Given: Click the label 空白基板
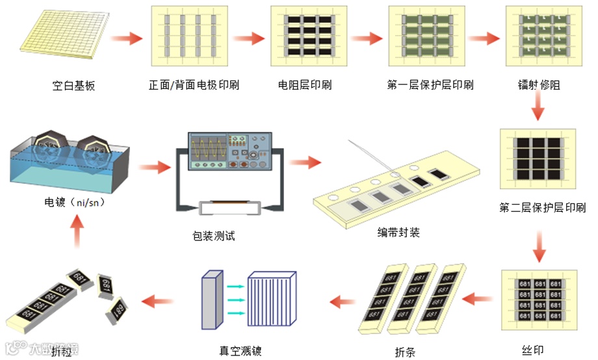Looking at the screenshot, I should [73, 85].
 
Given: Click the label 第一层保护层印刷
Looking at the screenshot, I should [430, 85].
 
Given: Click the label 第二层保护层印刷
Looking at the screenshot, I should [542, 208].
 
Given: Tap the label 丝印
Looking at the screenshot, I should [532, 352].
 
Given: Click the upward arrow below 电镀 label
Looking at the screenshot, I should [77, 231].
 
